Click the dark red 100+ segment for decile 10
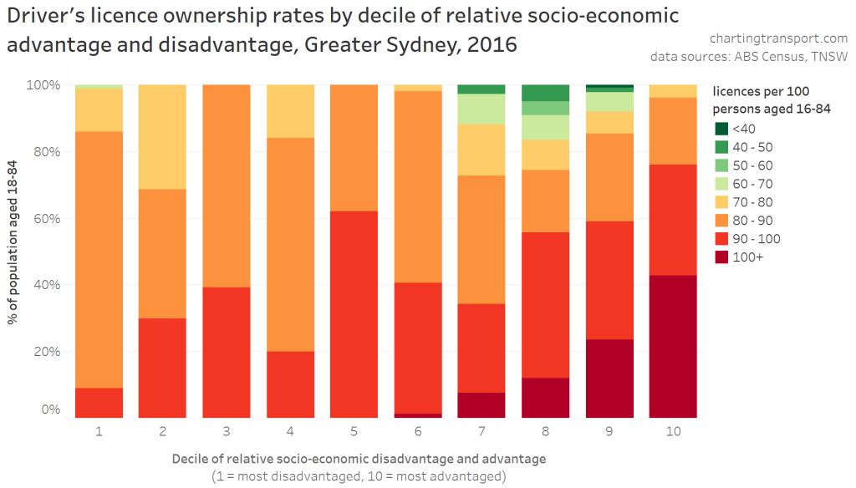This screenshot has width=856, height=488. click(673, 346)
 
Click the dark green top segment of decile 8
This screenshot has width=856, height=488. click(545, 93)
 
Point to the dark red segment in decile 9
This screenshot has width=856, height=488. click(609, 379)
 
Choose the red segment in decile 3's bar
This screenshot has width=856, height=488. click(227, 352)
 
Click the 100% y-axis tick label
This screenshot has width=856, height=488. click(43, 85)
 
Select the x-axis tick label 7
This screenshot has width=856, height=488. click(481, 431)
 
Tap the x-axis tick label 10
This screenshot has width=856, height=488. click(673, 431)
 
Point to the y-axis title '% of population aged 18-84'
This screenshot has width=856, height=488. click(14, 251)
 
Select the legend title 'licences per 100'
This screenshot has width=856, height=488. click(760, 90)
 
